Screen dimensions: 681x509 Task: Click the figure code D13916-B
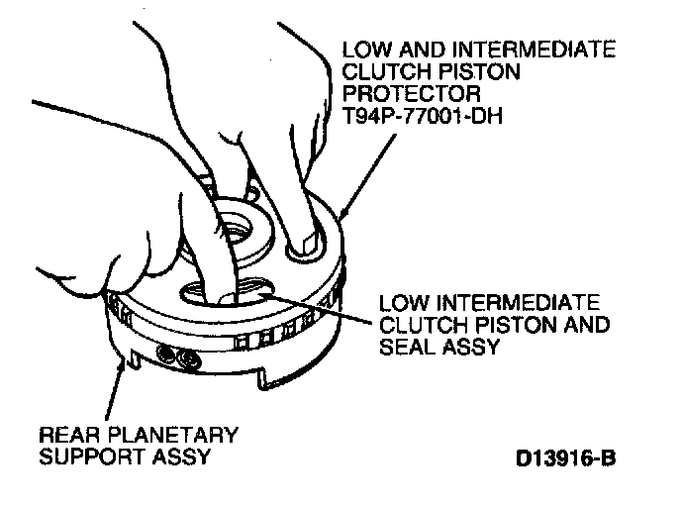coord(565,459)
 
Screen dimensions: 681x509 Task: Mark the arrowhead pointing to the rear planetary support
coord(122,367)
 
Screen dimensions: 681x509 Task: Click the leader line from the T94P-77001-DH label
coord(353,174)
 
